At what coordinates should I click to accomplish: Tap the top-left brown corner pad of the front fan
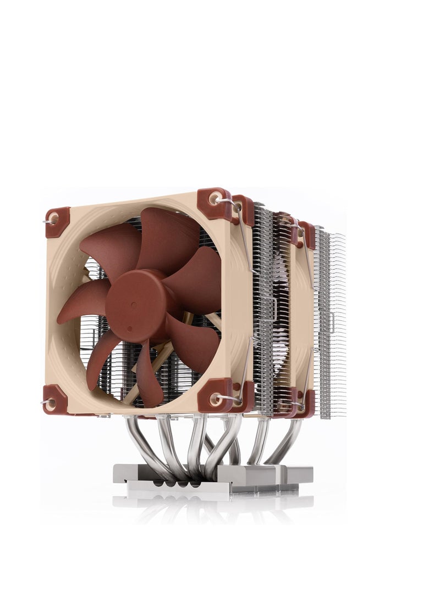(x=57, y=222)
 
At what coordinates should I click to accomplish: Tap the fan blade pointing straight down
(x=148, y=373)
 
